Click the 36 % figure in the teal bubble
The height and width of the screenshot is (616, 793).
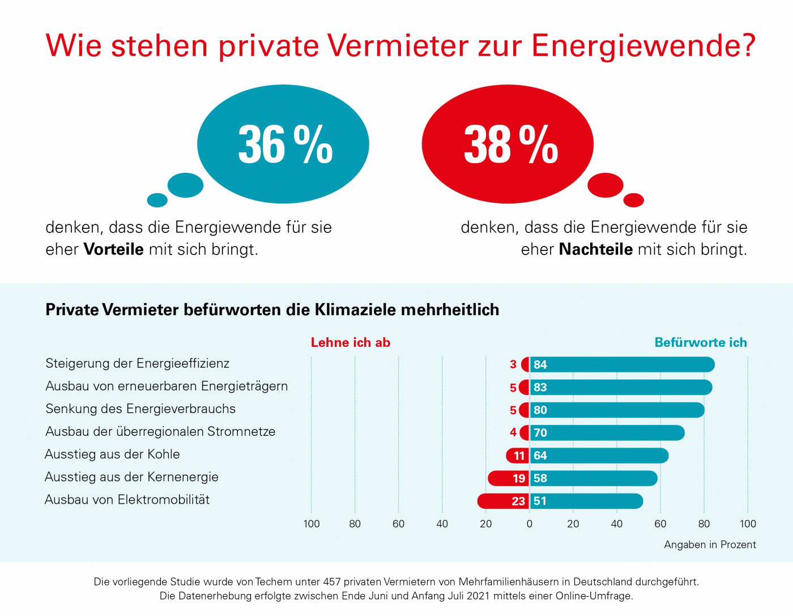(285, 145)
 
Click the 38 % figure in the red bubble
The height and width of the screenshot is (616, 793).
(510, 145)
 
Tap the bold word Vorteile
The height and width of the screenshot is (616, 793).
(113, 249)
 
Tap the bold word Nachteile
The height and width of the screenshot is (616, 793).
(595, 249)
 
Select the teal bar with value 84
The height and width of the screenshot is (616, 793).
(622, 365)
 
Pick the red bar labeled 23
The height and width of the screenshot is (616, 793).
(503, 501)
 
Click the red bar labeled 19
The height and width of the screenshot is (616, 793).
(508, 478)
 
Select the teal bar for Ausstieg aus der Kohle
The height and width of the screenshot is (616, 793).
(599, 456)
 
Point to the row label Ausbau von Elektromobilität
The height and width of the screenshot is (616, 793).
(127, 500)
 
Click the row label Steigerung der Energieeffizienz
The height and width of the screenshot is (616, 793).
(138, 363)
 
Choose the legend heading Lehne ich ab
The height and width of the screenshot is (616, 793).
(351, 342)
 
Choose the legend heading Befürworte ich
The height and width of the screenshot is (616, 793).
(701, 342)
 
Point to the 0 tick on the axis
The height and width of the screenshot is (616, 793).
(530, 524)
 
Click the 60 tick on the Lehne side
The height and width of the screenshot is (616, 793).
(399, 524)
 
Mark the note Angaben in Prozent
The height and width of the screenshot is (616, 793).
(710, 545)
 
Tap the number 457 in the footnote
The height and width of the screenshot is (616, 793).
(332, 581)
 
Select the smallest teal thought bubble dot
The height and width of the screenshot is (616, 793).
(157, 200)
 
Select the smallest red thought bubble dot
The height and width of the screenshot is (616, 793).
(634, 200)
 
